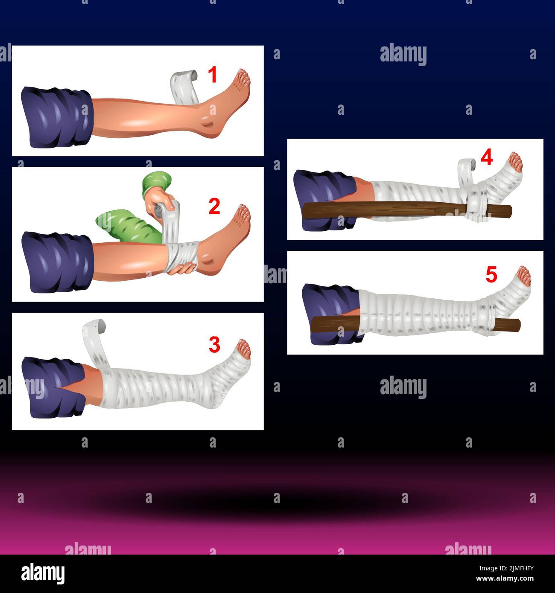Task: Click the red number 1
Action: point(213,74)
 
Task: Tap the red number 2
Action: point(214,206)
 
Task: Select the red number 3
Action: point(214,344)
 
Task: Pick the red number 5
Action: point(491,274)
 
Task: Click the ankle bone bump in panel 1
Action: point(207,121)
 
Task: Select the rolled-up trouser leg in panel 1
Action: point(57,117)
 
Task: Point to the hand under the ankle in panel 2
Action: point(182,268)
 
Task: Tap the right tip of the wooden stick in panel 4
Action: point(511,211)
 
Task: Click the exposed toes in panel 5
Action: point(523,276)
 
